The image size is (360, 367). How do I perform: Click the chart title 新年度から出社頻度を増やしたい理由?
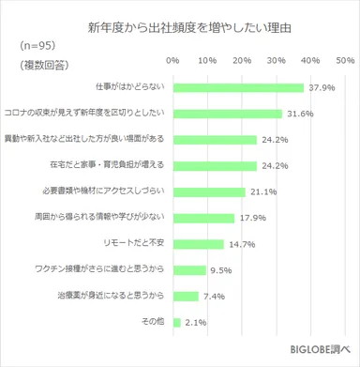[180, 25]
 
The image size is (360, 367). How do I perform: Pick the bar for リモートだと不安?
[198, 244]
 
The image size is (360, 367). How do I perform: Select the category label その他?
[152, 322]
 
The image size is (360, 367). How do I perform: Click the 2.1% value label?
[196, 322]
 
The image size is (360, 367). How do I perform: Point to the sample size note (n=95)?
[36, 46]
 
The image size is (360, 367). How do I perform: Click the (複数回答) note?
[42, 64]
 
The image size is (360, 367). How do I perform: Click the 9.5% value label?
[221, 270]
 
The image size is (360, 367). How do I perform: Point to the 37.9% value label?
[321, 88]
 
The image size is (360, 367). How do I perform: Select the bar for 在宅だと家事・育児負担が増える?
[215, 166]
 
